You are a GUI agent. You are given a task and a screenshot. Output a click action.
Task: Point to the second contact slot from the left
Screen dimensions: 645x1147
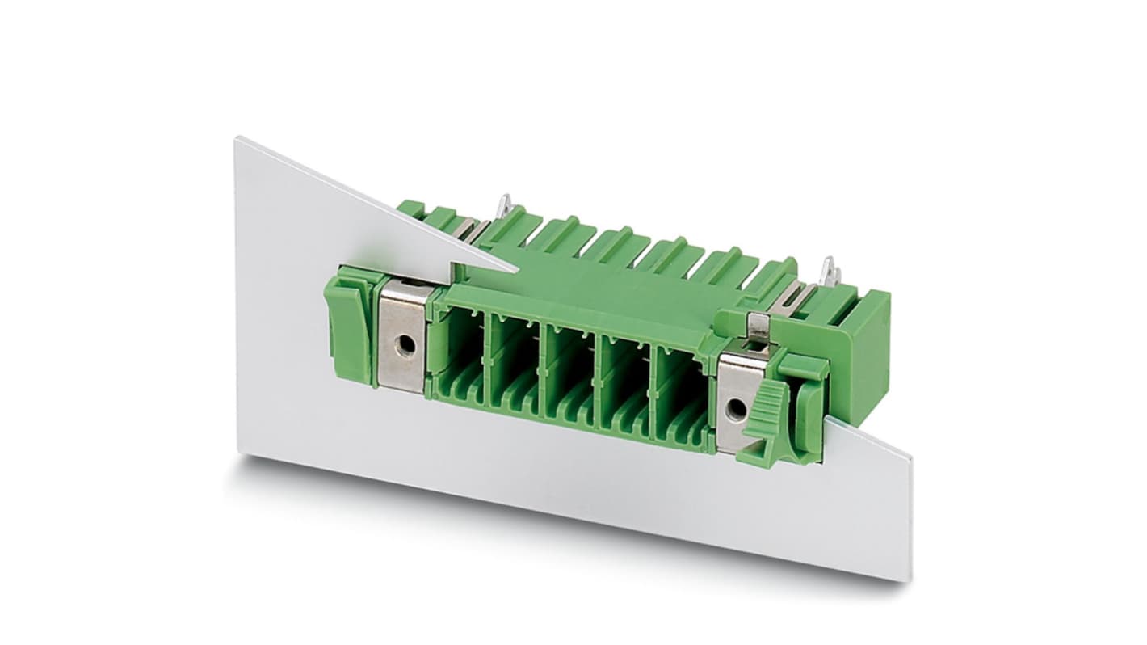[x=515, y=361]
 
